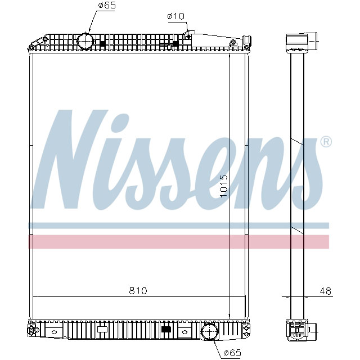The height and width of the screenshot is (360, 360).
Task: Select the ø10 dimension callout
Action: pyautogui.click(x=175, y=16)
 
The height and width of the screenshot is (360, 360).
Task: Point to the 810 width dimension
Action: pyautogui.click(x=138, y=290)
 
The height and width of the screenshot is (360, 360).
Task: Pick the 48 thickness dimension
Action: pyautogui.click(x=325, y=291)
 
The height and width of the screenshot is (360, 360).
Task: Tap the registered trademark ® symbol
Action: pyautogui.click(x=325, y=142)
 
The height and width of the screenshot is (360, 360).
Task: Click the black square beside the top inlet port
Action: pyautogui.click(x=102, y=43)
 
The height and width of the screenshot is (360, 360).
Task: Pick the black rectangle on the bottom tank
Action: pyautogui.click(x=166, y=329)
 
